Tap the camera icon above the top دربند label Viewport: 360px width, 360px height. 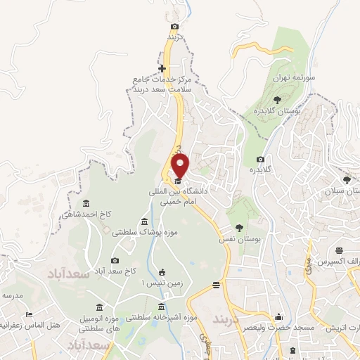coord(174,27)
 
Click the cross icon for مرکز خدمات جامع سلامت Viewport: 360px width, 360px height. coord(162,68)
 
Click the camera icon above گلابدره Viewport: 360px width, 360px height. coord(261,160)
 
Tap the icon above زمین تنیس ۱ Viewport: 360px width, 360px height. coord(162,272)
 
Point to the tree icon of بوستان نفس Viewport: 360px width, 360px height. coord(240,227)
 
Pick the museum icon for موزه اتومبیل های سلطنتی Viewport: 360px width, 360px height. coord(98,307)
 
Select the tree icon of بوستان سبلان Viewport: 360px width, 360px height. coord(346,180)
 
